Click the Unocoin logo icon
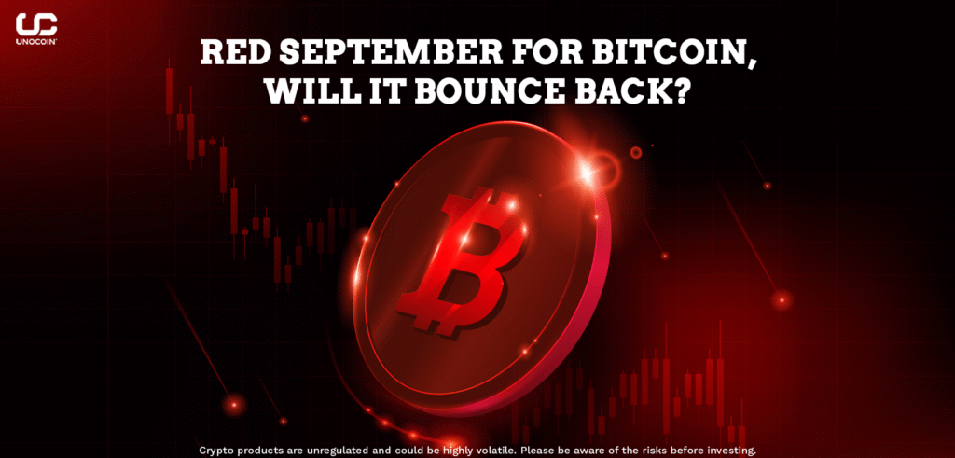click(x=36, y=25)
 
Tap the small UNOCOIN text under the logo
click(x=36, y=43)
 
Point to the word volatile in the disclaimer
click(x=464, y=451)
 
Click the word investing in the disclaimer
click(x=734, y=451)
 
